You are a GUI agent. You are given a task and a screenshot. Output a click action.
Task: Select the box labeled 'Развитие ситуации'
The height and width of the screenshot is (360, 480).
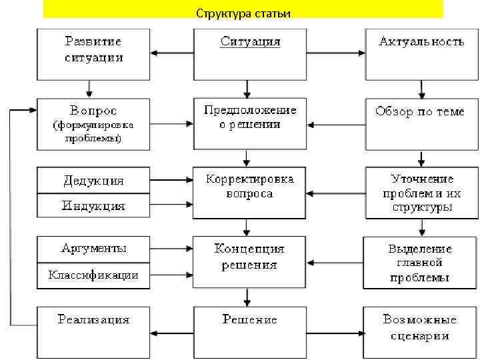point(93,53)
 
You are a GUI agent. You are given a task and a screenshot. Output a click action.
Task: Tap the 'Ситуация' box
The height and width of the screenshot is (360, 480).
point(250,53)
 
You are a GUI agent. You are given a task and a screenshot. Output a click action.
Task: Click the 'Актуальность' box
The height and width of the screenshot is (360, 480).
point(421,53)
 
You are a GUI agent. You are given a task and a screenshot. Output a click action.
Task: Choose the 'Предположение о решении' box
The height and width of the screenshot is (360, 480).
point(250,123)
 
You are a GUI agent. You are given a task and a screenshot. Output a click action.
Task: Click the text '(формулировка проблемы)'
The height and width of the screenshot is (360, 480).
point(93,132)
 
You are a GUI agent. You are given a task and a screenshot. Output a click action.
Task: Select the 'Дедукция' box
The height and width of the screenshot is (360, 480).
point(93,181)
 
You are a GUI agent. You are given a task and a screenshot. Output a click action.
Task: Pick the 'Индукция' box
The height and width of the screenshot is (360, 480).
point(93,205)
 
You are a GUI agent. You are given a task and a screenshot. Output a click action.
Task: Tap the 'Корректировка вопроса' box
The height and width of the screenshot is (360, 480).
point(250,192)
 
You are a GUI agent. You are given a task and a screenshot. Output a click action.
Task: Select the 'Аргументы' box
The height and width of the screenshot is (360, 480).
point(93,249)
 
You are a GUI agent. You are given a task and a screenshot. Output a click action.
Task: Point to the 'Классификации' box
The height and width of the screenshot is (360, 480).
point(93,275)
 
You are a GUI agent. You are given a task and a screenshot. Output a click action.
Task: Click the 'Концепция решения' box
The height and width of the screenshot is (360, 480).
point(250,262)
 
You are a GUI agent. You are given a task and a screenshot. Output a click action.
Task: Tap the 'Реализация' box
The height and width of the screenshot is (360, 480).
point(93,326)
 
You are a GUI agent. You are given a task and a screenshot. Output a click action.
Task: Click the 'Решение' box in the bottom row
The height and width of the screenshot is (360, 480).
point(250,326)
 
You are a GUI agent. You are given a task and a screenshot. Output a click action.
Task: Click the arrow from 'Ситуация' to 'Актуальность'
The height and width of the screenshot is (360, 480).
point(337,53)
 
